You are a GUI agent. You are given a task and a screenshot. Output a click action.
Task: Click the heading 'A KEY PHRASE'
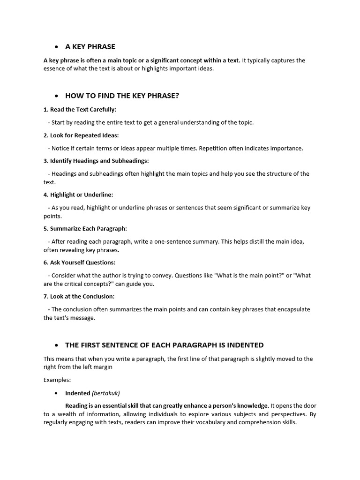[x=90, y=46]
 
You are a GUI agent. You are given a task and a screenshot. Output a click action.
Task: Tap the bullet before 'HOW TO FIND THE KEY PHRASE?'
[x=56, y=96]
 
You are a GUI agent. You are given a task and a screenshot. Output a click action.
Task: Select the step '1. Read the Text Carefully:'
[x=80, y=109]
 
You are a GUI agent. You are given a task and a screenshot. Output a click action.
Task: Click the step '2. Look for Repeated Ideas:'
[x=81, y=135]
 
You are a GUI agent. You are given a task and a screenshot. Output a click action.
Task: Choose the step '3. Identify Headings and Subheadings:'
[x=96, y=161]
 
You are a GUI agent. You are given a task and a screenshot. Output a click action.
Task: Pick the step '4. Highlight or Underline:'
[x=78, y=194]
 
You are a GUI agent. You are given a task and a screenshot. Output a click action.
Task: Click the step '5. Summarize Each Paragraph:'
[x=85, y=228]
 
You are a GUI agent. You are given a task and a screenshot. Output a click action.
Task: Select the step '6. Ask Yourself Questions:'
[x=79, y=262]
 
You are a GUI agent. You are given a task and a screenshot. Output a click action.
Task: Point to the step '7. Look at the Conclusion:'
[x=79, y=296]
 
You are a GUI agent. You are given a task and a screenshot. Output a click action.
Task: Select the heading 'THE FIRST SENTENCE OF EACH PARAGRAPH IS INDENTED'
[x=164, y=345]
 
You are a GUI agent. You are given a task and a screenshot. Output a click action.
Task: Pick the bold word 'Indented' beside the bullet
[x=77, y=393]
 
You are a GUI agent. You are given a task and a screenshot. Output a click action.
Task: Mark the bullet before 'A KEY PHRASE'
[x=56, y=47]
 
